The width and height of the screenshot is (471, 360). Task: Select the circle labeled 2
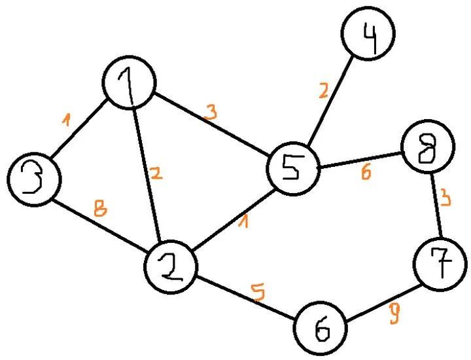[172, 268]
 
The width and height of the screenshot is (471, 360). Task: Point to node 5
[292, 168]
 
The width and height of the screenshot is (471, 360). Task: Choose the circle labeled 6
[321, 328]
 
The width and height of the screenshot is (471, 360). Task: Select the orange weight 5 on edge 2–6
[260, 292]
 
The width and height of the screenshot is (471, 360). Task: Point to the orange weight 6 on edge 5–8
[366, 172]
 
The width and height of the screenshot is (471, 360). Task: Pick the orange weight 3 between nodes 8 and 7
[445, 198]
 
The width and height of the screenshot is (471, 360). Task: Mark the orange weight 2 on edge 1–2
[156, 173]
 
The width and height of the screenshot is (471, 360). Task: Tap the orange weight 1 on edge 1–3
[65, 119]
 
